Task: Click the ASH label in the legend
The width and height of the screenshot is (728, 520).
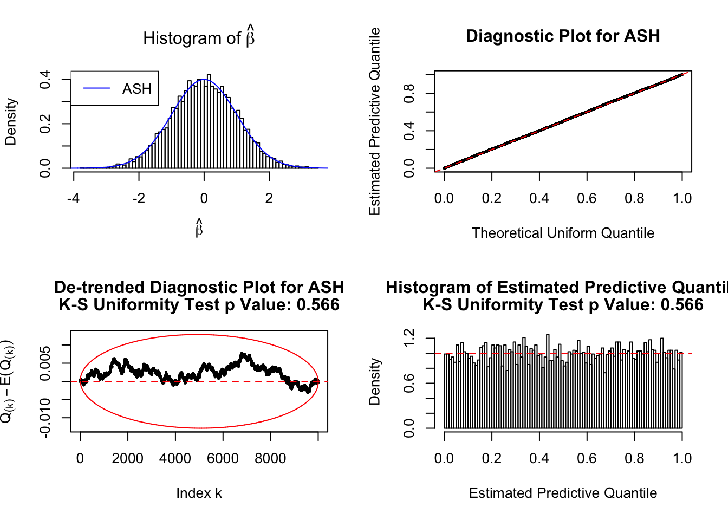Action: tap(136, 89)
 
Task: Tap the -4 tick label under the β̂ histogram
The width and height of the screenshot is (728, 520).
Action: tap(73, 199)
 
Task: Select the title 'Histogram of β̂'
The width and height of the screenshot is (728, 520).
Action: tap(199, 37)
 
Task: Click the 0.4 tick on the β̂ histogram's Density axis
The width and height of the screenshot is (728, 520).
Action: tap(45, 79)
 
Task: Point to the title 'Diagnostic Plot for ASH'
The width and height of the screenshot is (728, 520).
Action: tap(563, 36)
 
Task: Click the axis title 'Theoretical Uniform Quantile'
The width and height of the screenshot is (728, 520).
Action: tap(563, 233)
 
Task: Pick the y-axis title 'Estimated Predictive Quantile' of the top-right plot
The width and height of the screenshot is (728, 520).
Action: tap(375, 121)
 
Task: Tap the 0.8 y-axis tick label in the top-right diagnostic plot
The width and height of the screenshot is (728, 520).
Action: tap(409, 93)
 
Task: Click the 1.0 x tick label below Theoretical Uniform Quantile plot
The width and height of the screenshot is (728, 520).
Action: tap(682, 199)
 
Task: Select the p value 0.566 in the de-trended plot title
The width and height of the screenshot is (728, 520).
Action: tap(318, 305)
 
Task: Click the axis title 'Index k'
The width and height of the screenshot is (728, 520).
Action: tap(199, 493)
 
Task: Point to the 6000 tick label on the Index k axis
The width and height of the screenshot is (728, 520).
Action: tap(223, 459)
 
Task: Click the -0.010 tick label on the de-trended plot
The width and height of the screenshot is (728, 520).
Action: tap(45, 418)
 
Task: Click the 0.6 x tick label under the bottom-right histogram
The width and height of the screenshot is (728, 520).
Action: tap(587, 459)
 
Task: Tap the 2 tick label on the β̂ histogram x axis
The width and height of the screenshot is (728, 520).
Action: tap(269, 199)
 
